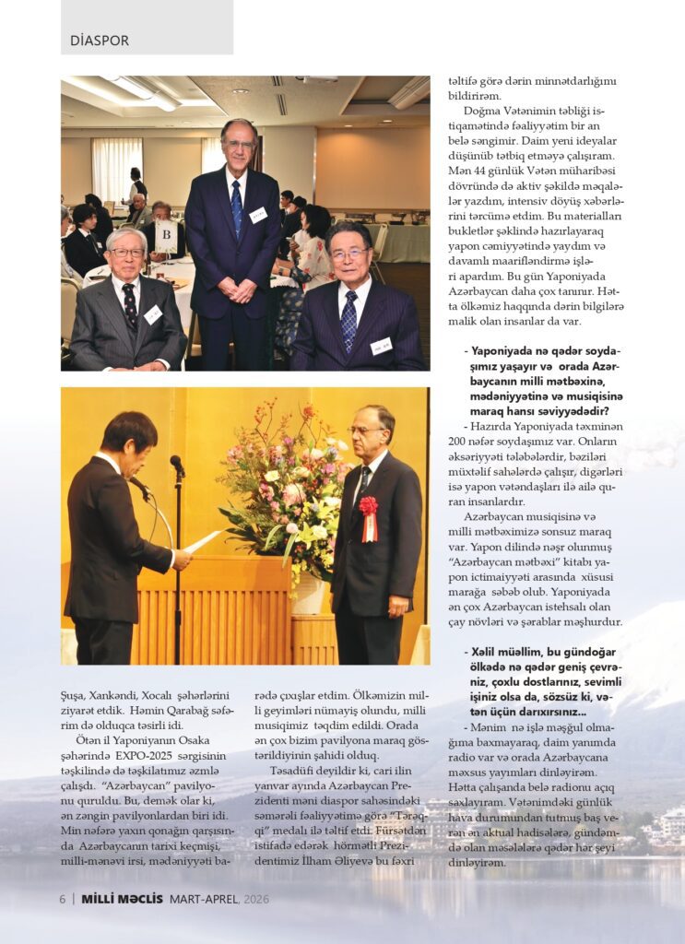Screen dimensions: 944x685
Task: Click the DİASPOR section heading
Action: tap(100, 41)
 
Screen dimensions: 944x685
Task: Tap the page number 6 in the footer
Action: tap(62, 899)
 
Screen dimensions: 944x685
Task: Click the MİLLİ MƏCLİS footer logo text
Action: tap(123, 899)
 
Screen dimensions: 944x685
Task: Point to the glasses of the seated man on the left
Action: tap(127, 252)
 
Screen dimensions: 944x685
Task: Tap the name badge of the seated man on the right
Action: tap(381, 346)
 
